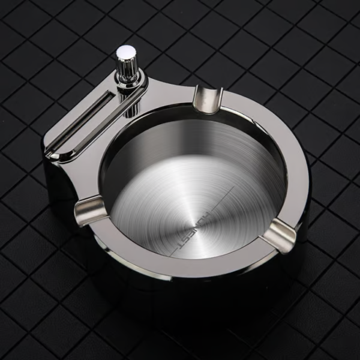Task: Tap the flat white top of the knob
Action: click(124, 53)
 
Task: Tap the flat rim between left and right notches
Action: click(180, 265)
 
